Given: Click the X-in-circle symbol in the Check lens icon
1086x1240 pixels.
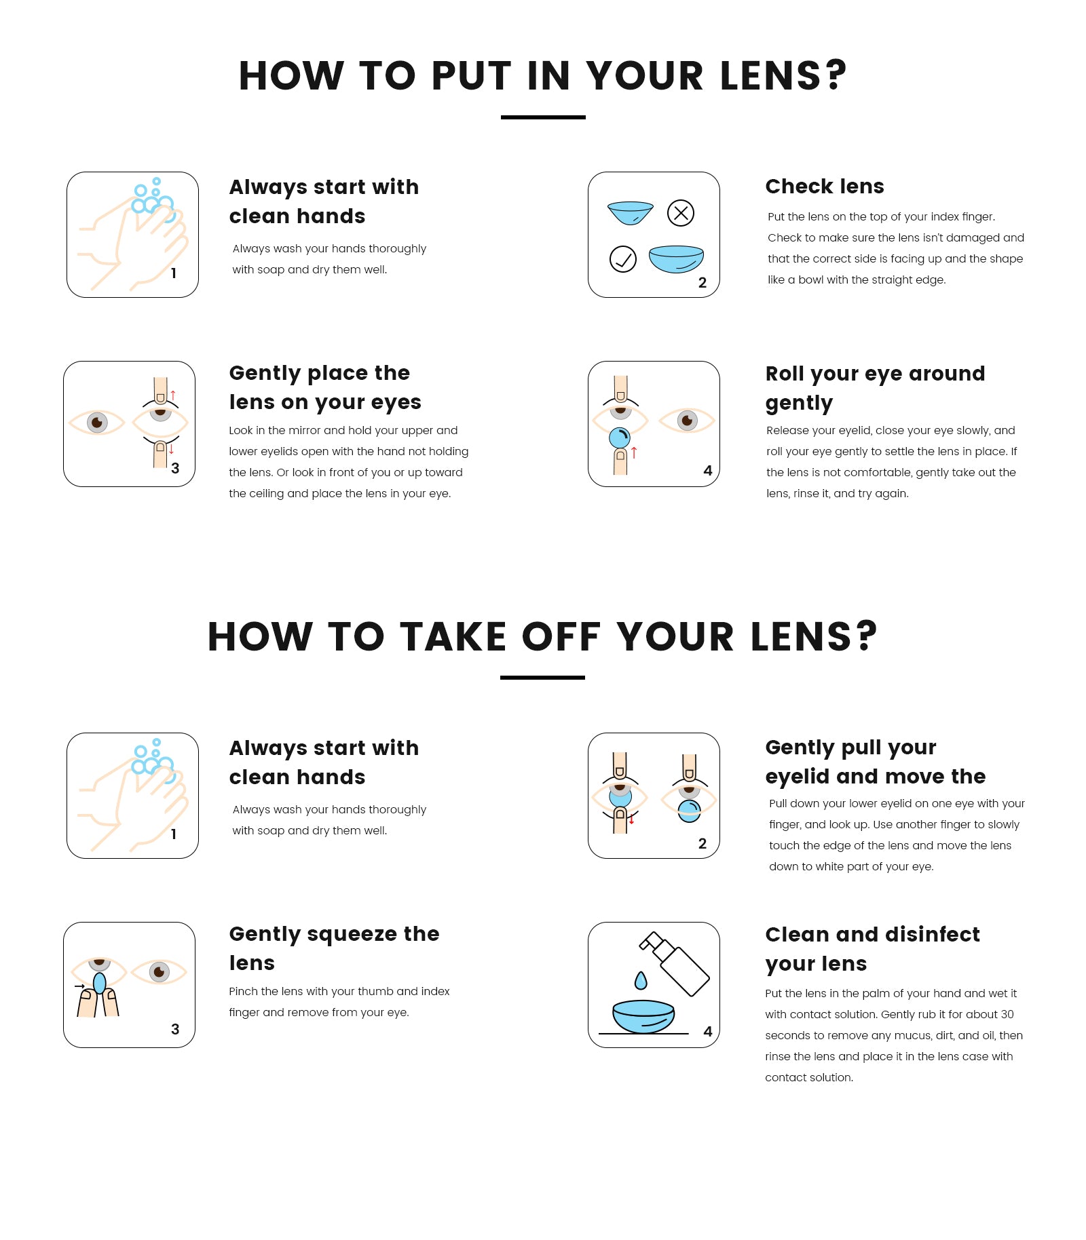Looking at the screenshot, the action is point(680,213).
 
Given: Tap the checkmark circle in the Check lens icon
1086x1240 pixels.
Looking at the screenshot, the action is point(623,258).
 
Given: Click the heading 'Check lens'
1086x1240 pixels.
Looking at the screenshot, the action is point(825,187).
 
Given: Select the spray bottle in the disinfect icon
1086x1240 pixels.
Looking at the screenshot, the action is point(675,964).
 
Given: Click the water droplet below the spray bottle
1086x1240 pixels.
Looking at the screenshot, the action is point(641,980).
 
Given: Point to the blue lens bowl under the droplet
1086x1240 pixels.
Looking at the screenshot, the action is point(643,1016).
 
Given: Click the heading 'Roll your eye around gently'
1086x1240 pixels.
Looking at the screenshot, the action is point(875,388).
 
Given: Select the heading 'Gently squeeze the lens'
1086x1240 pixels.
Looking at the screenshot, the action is point(334,948).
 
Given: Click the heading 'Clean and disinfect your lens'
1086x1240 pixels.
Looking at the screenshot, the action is point(872,949).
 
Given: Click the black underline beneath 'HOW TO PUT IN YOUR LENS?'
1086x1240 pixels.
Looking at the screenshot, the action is point(543,117).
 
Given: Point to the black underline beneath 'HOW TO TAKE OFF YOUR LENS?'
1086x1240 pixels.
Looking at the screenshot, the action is point(542,678).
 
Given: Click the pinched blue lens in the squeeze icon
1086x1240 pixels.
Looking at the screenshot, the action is point(100,983).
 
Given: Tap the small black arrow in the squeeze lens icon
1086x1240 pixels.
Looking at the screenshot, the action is point(79,986).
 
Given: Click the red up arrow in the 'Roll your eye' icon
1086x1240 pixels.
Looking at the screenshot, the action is point(634,452).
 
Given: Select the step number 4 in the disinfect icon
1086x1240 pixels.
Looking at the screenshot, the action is point(708,1032).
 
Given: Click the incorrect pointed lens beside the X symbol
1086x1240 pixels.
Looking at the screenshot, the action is point(631,212).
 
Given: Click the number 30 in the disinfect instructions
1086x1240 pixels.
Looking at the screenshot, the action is point(1007,1014).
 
